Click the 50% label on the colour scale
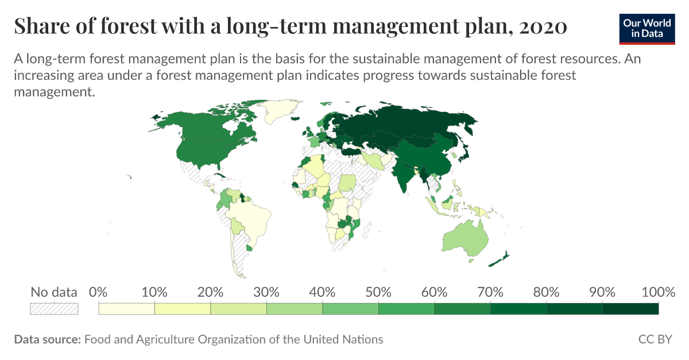pyautogui.click(x=378, y=292)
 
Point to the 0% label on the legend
pyautogui.click(x=99, y=292)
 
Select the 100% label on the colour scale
pyautogui.click(x=658, y=292)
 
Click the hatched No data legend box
pyautogui.click(x=54, y=309)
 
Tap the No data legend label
pyautogui.click(x=53, y=292)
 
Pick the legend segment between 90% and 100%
pyautogui.click(x=630, y=309)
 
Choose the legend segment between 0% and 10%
pyautogui.click(x=127, y=309)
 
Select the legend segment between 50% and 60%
pyautogui.click(x=407, y=309)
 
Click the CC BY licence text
pyautogui.click(x=655, y=339)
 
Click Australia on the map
pyautogui.click(x=465, y=238)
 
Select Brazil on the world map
pyautogui.click(x=250, y=218)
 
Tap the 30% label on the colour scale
pyautogui.click(x=266, y=292)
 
